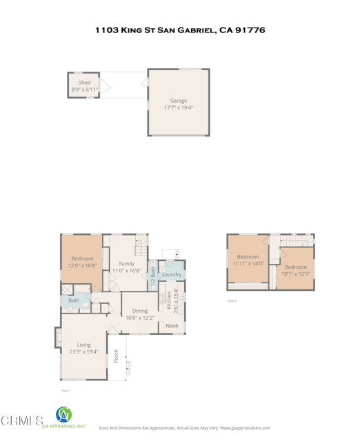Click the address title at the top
pyautogui.click(x=179, y=30)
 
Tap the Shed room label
pyautogui.click(x=84, y=83)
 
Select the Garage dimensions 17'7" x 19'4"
pyautogui.click(x=178, y=108)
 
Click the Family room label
pyautogui.click(x=126, y=263)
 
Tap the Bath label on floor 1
pyautogui.click(x=74, y=300)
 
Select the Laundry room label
pyautogui.click(x=172, y=274)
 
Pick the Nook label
pyautogui.click(x=172, y=325)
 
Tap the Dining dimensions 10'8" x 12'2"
pyautogui.click(x=140, y=318)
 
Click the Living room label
pyautogui.click(x=83, y=345)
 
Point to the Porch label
pyautogui.click(x=116, y=356)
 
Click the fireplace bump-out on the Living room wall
pyautogui.click(x=58, y=338)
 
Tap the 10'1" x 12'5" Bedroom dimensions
pyautogui.click(x=296, y=274)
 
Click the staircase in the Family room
pyautogui.click(x=141, y=244)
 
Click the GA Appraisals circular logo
pyautogui.click(x=63, y=415)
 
